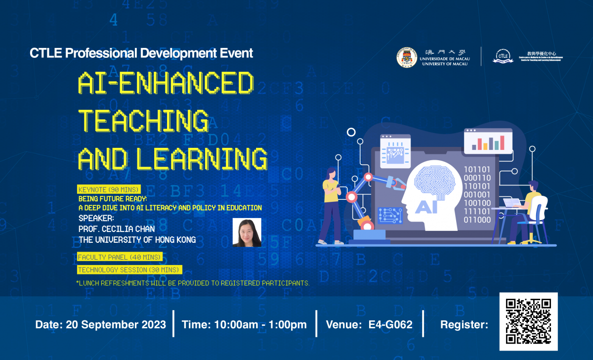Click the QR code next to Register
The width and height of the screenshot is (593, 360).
coord(528,321)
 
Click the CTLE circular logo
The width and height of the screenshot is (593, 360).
coord(503,56)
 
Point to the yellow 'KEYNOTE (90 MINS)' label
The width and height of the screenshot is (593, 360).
coord(109,189)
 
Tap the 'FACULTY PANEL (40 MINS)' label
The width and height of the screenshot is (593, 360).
coord(120,257)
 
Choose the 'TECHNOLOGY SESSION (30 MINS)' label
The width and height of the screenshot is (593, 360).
coord(129,270)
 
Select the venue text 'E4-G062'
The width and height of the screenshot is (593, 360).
coord(390,325)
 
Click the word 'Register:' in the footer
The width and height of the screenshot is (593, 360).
coord(464,325)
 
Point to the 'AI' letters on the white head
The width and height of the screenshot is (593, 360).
coord(426,206)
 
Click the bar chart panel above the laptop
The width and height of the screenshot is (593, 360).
coord(488,140)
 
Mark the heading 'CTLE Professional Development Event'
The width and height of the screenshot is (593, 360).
coord(141,53)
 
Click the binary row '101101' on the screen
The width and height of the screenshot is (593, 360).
coord(477,169)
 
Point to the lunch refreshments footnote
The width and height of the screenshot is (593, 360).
coord(193,283)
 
